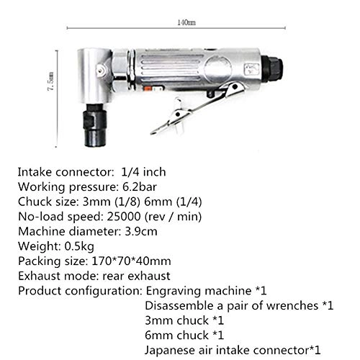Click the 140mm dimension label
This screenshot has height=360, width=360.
(185, 22)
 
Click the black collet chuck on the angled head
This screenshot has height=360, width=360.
(96, 127)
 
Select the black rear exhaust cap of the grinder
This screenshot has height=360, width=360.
(274, 69)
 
